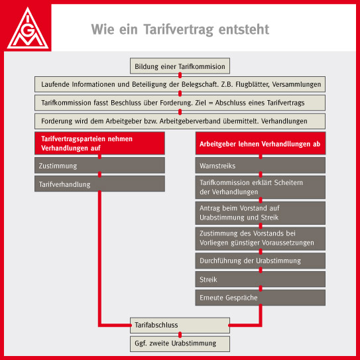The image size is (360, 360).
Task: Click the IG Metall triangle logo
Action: (28, 28)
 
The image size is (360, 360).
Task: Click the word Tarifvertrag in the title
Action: (179, 30)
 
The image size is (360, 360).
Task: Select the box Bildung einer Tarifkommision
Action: (180, 66)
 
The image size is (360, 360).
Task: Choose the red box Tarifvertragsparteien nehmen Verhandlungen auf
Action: (99, 143)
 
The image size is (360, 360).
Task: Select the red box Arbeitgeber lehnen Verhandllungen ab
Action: (261, 143)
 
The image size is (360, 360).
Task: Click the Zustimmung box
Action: (99, 165)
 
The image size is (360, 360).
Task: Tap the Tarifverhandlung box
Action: (99, 184)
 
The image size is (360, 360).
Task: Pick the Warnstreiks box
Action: (261, 165)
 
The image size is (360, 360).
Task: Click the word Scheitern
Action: (288, 182)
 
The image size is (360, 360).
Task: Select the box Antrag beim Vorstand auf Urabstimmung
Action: (261, 213)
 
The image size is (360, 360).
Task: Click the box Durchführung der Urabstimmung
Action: (261, 261)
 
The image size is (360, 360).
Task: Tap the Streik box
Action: (261, 279)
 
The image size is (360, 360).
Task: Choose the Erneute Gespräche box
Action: (261, 298)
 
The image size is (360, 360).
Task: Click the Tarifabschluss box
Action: (180, 326)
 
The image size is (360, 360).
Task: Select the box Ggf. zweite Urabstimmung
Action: (180, 343)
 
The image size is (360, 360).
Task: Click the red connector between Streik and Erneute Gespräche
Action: (261, 288)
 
